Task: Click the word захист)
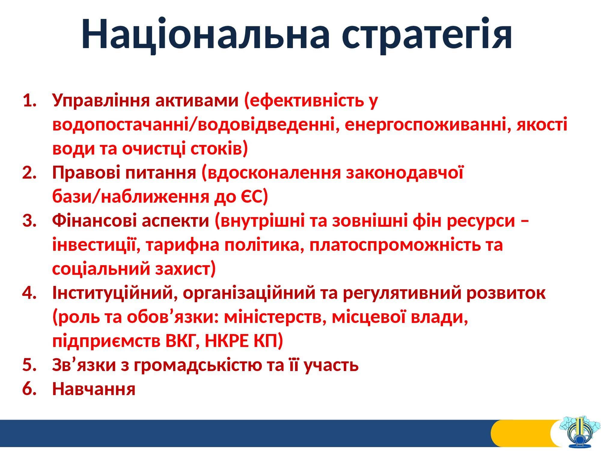(x=185, y=269)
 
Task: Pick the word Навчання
(x=94, y=390)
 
